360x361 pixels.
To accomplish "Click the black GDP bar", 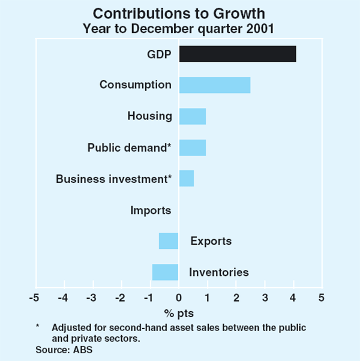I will [237, 54].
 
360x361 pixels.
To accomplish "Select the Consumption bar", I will [214, 85].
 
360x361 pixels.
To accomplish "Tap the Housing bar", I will [192, 116].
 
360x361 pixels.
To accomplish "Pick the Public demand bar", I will [192, 148].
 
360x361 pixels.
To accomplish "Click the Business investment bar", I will [186, 179].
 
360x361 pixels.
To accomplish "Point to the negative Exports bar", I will [169, 241].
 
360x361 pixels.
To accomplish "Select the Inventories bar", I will [165, 272].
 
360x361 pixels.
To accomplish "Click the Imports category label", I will [151, 210].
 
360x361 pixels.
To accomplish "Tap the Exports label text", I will [211, 242].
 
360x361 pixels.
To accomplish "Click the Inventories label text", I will [218, 273].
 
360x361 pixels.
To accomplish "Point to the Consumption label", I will [135, 85].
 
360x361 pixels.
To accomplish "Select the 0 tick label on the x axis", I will [178, 298].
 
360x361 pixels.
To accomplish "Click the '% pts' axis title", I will [179, 313].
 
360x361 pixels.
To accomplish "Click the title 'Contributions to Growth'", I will [180, 13].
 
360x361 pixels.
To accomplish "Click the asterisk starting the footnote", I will [38, 327].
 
